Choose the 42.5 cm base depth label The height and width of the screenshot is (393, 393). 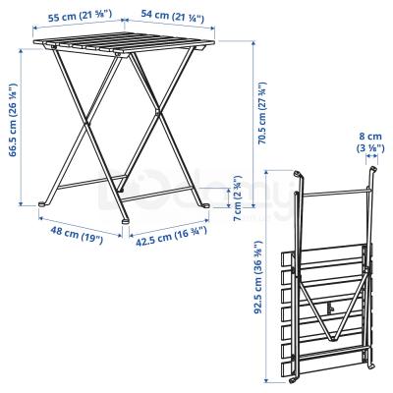click(x=166, y=237)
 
